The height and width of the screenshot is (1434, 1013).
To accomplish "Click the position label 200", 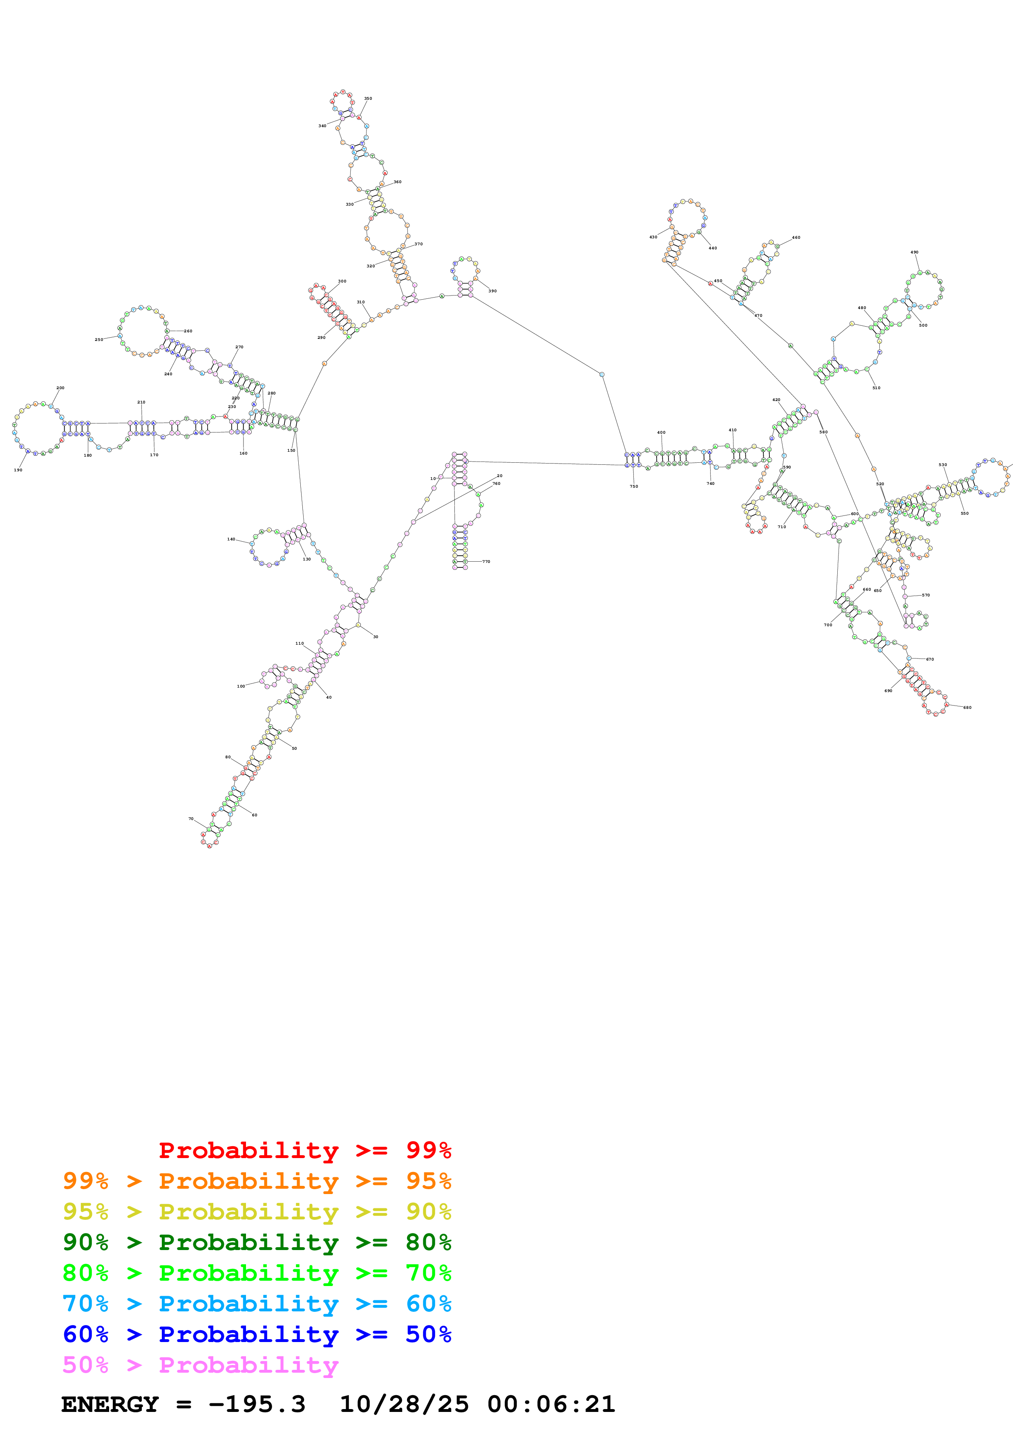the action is [60, 388].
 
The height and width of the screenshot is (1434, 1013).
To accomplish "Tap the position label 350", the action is [368, 99].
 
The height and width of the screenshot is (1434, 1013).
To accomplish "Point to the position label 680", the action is [967, 708].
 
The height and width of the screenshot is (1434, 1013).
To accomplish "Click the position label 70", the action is [191, 819].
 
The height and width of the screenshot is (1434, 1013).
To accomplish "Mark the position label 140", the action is [231, 539].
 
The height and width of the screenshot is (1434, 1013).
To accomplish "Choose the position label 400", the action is [661, 432].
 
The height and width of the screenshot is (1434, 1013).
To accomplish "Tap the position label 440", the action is [712, 248].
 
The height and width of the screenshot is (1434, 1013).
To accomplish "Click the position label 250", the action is [98, 340].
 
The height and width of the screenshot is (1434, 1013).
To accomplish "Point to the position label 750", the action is [633, 486].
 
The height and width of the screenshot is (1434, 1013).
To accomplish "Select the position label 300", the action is [342, 281].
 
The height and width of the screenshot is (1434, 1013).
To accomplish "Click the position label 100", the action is [241, 686].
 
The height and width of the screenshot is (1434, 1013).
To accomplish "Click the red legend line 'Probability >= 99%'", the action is [304, 1150].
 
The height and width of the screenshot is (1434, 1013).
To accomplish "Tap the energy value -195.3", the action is [257, 1404].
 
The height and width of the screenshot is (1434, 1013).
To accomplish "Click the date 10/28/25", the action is [404, 1404].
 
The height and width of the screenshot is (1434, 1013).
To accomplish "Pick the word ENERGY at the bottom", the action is [110, 1404].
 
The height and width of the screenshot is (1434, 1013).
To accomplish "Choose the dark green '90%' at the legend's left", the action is [85, 1242].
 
